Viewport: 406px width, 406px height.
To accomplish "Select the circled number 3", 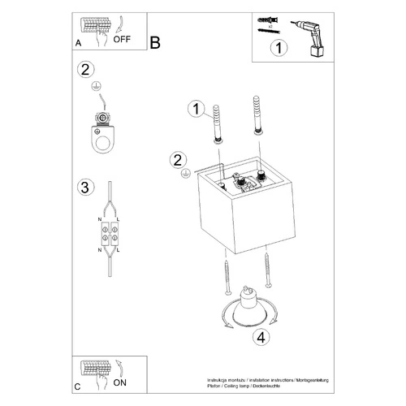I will [x=84, y=188].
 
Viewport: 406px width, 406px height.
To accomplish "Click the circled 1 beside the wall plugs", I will [x=193, y=109].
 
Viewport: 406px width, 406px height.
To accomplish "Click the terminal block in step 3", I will [x=109, y=235].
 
